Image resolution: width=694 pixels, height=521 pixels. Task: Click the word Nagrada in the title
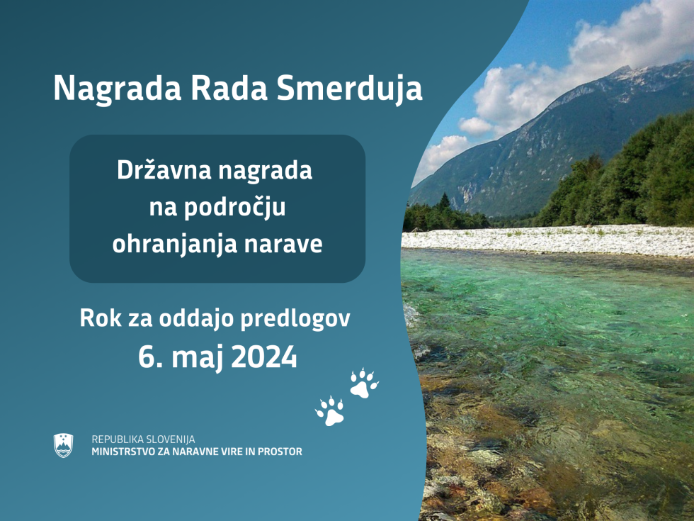(x=118, y=88)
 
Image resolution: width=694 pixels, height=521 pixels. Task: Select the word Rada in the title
(x=229, y=88)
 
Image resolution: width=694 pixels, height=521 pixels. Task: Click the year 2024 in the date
(x=264, y=357)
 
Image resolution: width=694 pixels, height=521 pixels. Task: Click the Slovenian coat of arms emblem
(x=63, y=445)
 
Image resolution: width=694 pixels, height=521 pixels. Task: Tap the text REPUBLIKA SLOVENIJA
(x=143, y=439)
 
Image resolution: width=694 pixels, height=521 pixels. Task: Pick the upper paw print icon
(x=364, y=383)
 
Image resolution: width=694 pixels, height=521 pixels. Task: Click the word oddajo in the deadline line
(x=195, y=318)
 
